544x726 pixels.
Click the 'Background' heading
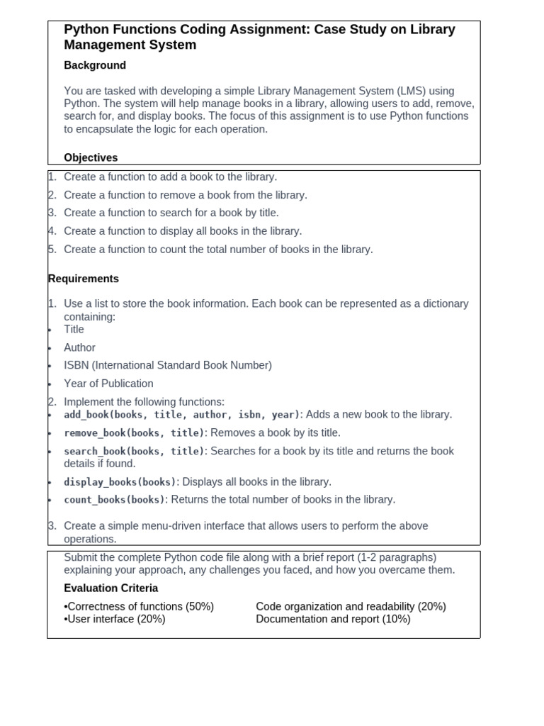click(95, 65)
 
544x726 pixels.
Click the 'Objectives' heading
click(91, 157)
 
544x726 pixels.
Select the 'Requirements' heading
click(84, 279)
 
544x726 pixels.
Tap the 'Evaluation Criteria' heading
click(111, 588)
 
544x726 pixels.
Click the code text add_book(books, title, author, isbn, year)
click(182, 415)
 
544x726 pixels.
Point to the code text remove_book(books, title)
click(134, 433)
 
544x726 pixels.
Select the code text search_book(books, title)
click(134, 451)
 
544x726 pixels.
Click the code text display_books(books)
click(120, 482)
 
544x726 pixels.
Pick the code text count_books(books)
click(114, 500)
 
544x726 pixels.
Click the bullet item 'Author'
click(79, 347)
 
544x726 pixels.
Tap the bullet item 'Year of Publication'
click(108, 384)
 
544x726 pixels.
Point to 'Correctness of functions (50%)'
click(140, 606)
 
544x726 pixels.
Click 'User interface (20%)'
click(115, 619)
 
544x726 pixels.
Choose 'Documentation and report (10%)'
click(333, 619)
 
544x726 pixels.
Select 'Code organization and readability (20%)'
click(351, 606)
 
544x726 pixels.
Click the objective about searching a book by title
click(171, 213)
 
